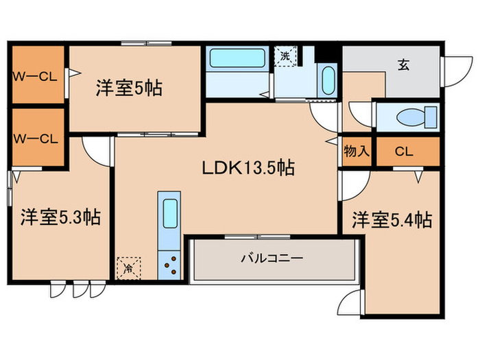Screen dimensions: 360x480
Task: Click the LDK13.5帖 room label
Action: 248,168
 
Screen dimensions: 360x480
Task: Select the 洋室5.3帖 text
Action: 60,218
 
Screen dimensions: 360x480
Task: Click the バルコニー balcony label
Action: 272,259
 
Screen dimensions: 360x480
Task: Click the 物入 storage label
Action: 356,152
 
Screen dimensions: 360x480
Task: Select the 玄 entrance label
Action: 404,65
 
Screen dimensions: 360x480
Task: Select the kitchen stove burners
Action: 169,264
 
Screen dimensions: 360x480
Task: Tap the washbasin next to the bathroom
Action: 328,81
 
